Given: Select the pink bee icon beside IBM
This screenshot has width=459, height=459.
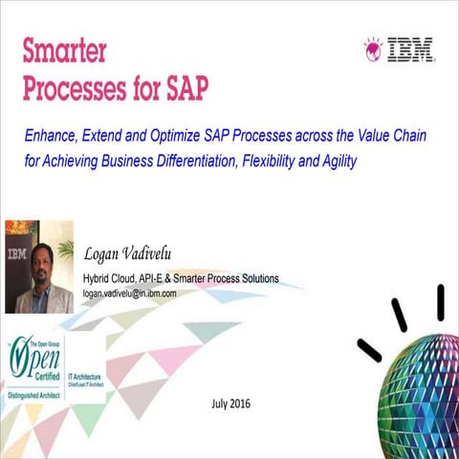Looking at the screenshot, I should click(x=374, y=49).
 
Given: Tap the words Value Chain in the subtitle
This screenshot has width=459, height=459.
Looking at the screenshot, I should click(x=393, y=137).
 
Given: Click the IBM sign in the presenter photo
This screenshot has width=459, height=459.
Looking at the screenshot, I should click(x=17, y=255).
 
